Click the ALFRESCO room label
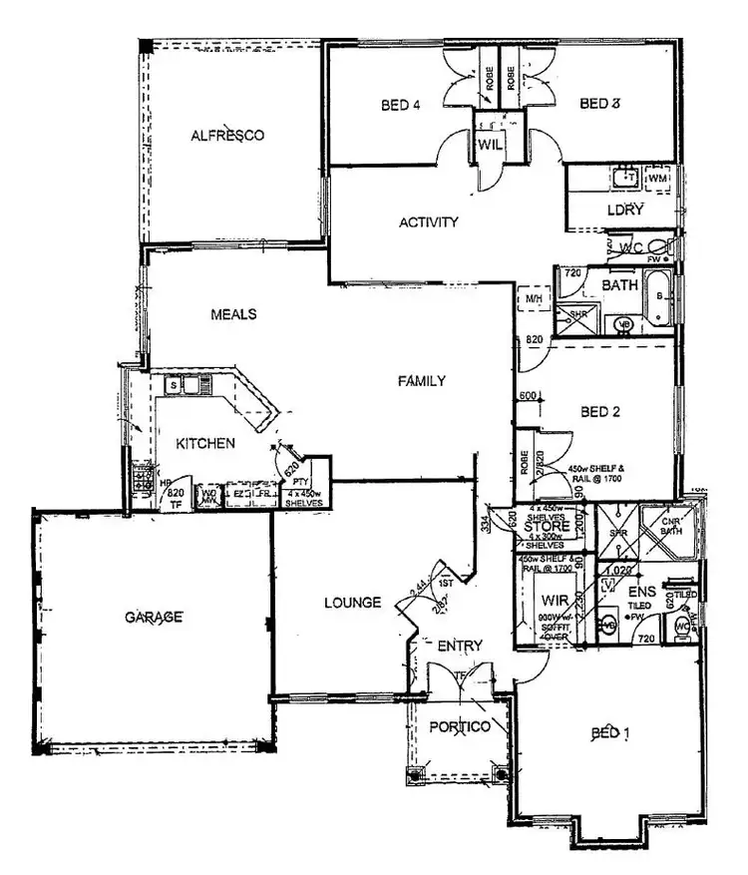pos(227,135)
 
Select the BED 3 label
pos(601,104)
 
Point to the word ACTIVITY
pos(429,222)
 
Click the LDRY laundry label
pos(625,210)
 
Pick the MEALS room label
pos(233,314)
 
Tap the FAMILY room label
pos(421,381)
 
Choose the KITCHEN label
pos(205,443)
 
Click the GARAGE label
pos(154,618)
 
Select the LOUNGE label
pos(353,603)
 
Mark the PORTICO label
pos(460,727)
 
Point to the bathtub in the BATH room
pos(660,303)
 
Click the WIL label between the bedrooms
pos(490,144)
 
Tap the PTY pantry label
pos(298,481)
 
